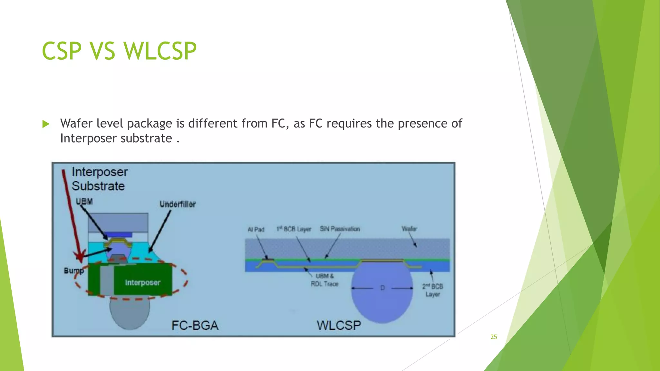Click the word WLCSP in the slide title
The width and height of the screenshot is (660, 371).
160,51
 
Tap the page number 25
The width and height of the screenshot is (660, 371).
494,337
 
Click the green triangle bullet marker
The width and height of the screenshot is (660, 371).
46,124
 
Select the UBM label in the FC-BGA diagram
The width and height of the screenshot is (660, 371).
84,202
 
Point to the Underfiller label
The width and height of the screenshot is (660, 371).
178,204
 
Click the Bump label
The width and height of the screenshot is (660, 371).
73,271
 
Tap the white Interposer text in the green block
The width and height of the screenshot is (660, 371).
142,282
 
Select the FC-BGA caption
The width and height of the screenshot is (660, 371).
195,325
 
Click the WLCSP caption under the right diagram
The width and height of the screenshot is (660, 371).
338,325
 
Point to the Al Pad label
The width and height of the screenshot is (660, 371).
256,229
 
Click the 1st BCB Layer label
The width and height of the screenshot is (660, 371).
294,229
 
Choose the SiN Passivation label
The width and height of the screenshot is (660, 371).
340,229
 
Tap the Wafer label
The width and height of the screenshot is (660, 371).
409,229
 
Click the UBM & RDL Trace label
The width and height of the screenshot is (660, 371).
325,280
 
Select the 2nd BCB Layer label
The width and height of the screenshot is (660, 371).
432,290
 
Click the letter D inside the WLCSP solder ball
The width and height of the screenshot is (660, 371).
382,288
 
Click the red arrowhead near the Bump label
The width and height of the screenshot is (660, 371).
80,256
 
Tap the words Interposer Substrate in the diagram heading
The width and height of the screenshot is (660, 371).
99,179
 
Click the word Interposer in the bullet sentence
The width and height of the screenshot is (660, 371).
83,138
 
